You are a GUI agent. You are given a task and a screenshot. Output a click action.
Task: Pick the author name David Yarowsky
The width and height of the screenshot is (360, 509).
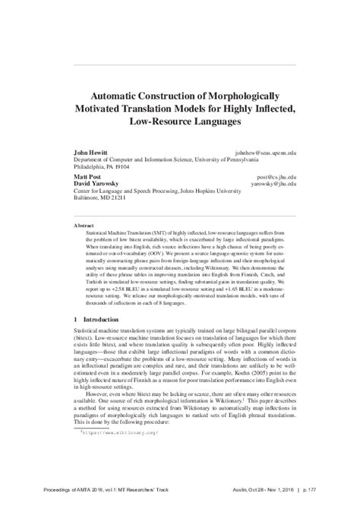pos(96,183)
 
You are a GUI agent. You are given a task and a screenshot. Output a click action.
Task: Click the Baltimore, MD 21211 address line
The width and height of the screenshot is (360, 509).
pos(100,199)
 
